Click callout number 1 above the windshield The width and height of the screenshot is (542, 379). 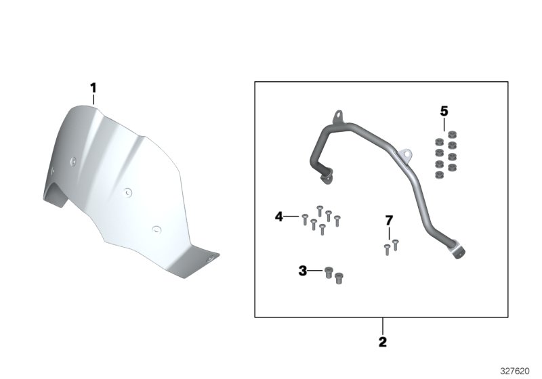coord(93,88)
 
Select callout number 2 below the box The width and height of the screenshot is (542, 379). coord(383,342)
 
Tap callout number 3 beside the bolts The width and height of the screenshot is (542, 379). coord(302,271)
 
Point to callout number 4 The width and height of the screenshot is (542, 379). coord(278,217)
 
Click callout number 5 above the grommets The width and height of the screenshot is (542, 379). coord(444,111)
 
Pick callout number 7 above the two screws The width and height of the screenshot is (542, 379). coord(389,220)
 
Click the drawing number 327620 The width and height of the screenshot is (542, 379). coord(515,371)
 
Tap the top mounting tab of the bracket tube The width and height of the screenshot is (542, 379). coord(338,116)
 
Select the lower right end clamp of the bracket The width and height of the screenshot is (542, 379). coord(458,252)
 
